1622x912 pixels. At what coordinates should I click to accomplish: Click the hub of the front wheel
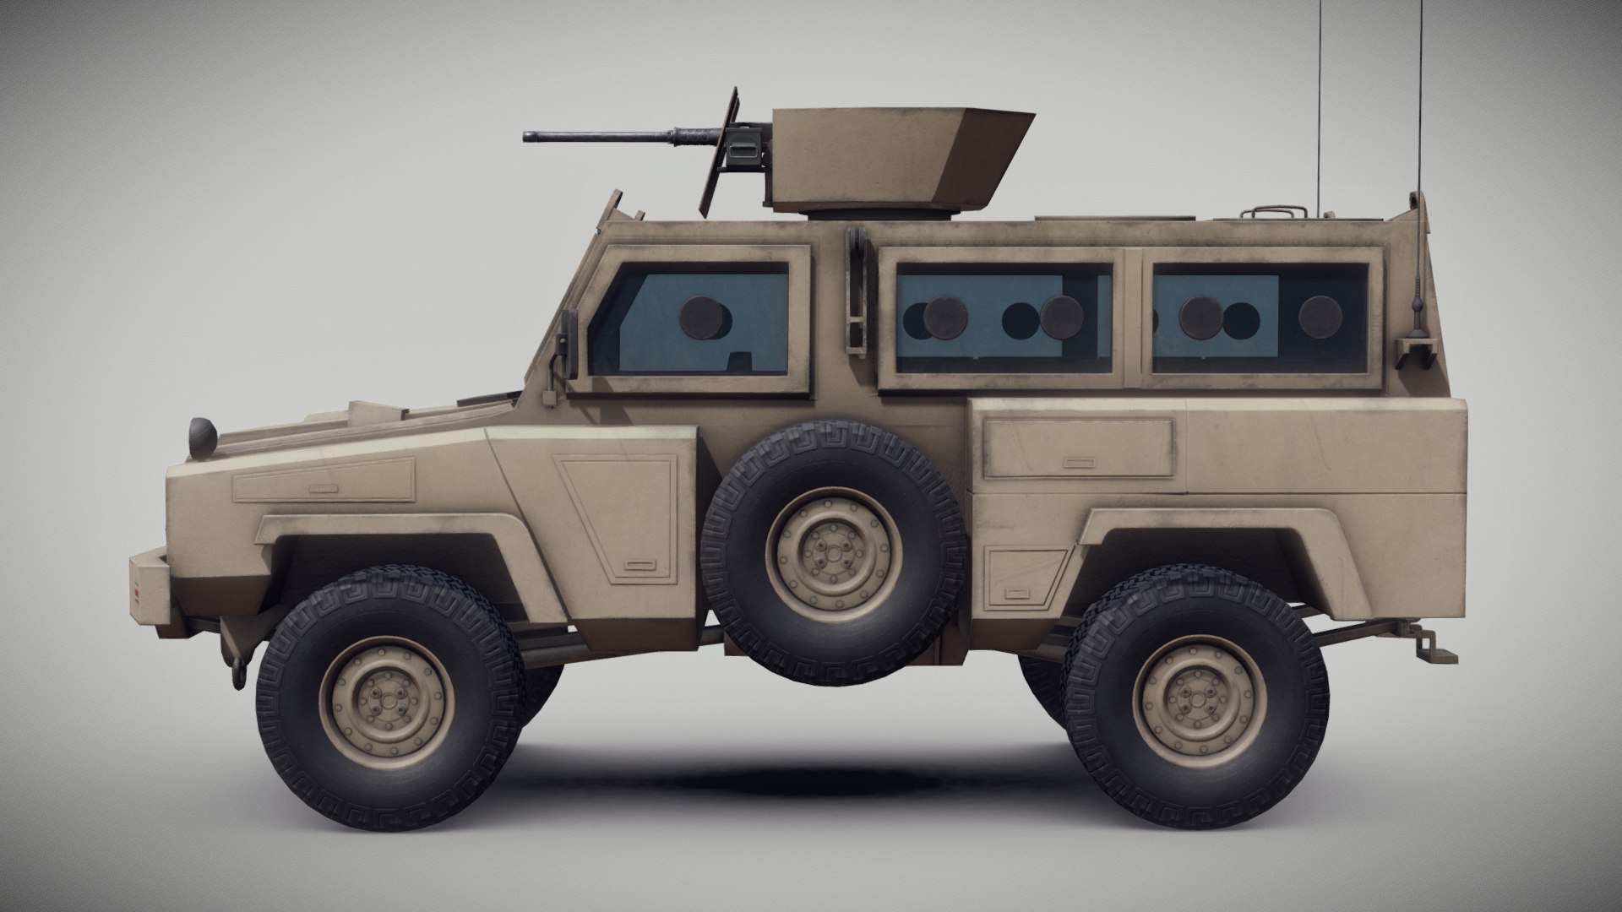(386, 698)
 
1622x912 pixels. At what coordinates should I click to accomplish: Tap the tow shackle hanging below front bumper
(239, 672)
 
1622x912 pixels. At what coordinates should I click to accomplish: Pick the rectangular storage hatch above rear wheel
(1077, 448)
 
